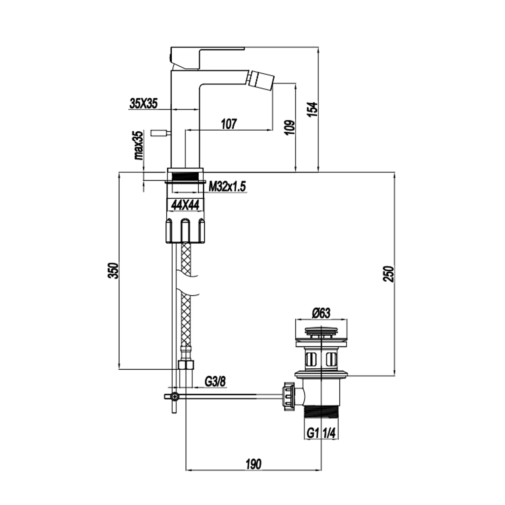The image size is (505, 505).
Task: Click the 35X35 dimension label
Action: click(144, 104)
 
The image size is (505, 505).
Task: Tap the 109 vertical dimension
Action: click(290, 127)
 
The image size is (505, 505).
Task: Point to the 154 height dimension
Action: click(313, 109)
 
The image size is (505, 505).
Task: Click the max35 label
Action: click(139, 145)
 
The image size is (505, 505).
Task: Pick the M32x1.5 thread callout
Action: click(228, 186)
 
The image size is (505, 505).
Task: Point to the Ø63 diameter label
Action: click(321, 313)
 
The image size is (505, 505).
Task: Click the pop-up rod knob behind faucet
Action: click(159, 133)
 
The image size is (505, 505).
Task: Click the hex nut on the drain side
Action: click(288, 397)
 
